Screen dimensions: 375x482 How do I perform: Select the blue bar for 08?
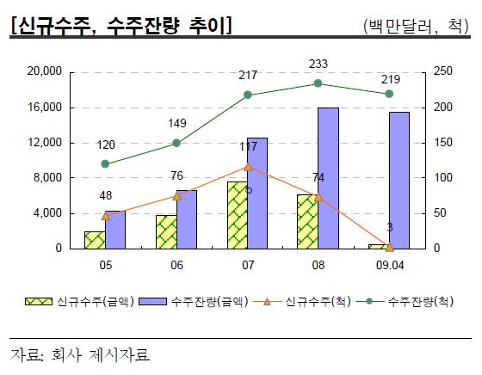pyautogui.click(x=328, y=178)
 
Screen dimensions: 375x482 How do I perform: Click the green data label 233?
pyautogui.click(x=318, y=64)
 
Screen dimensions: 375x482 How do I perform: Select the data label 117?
pyautogui.click(x=248, y=147)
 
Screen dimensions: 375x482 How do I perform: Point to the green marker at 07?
pyautogui.click(x=248, y=95)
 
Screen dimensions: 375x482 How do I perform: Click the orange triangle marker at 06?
pyautogui.click(x=176, y=195)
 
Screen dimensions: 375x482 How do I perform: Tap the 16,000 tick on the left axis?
pyautogui.click(x=44, y=108)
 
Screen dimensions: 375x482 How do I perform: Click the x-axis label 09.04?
pyautogui.click(x=388, y=266)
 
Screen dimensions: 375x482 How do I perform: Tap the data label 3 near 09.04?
pyautogui.click(x=389, y=228)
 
